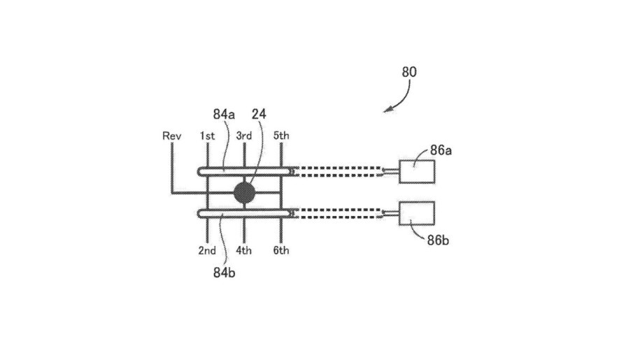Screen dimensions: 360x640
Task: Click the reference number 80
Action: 410,72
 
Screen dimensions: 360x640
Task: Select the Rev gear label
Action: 171,136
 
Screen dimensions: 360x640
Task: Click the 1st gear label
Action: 207,136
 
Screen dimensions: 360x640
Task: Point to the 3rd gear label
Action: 243,136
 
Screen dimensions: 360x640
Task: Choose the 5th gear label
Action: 280,136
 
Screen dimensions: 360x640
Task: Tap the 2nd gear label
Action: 207,250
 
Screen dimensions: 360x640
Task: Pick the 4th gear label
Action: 243,250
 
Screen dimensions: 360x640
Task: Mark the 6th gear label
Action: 280,250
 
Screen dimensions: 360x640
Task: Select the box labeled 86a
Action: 417,171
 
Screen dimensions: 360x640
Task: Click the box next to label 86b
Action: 417,213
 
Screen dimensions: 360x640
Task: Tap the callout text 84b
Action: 224,272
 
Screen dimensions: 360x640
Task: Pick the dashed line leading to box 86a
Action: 339,171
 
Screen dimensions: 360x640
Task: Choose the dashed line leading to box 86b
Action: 339,213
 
